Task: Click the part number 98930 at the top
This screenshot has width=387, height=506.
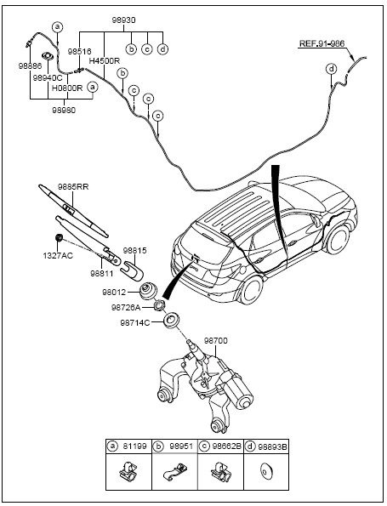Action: [123, 20]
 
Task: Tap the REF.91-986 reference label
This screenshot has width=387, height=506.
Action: [322, 43]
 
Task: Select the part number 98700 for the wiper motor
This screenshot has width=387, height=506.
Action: [215, 341]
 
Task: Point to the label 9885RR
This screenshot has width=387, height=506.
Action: [73, 187]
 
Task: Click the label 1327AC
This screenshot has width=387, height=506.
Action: [58, 256]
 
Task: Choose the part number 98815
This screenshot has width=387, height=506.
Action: [134, 250]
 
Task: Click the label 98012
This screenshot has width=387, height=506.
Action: [114, 293]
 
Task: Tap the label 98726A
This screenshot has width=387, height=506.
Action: [126, 308]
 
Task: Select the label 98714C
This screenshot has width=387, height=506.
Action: [135, 322]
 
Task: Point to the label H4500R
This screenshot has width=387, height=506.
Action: [105, 60]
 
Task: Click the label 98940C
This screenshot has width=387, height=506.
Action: [48, 78]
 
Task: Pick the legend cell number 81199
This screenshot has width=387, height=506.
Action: [134, 446]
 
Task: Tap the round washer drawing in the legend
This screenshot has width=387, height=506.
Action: [266, 471]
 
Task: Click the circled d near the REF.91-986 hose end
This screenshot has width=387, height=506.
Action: [331, 69]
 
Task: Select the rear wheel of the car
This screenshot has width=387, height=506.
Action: [252, 289]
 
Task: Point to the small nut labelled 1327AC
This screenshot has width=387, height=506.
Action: [59, 238]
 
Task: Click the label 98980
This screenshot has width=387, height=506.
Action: [64, 110]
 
